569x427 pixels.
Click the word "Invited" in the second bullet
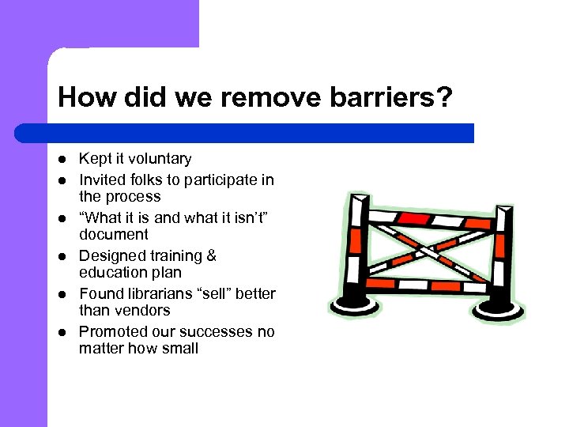[101, 179]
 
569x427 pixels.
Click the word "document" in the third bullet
[113, 235]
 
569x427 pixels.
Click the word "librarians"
[159, 293]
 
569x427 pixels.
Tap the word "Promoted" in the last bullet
[111, 331]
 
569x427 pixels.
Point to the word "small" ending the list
[180, 349]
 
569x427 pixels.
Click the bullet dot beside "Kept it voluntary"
[63, 160]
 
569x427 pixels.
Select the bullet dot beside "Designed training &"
[63, 256]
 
